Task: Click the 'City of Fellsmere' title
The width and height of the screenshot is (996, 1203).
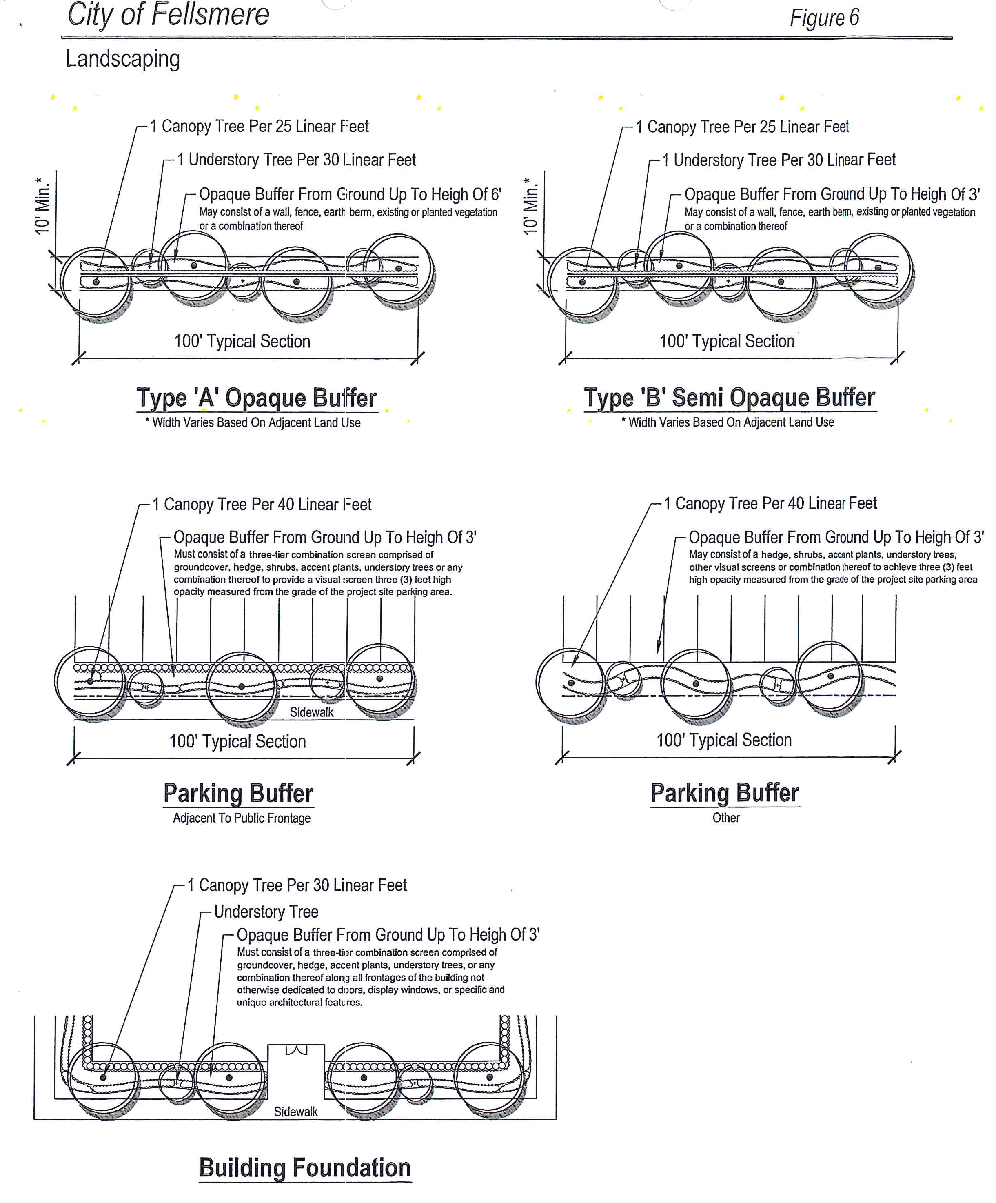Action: tap(168, 16)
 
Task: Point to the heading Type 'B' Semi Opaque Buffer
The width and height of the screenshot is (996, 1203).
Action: tap(729, 397)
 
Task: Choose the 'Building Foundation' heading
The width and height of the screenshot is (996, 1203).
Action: tap(305, 1167)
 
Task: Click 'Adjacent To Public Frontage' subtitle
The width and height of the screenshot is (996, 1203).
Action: tap(242, 818)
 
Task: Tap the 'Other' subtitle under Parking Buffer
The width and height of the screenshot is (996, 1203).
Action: tap(725, 818)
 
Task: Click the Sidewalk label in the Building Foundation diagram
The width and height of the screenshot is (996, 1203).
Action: tap(295, 1111)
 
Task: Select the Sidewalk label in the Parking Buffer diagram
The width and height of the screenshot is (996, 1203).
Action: tap(312, 712)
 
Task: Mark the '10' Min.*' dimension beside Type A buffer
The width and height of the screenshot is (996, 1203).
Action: tap(42, 205)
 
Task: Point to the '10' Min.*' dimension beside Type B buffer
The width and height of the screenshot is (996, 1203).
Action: tap(531, 205)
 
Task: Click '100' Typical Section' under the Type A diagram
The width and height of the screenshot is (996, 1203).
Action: tap(242, 341)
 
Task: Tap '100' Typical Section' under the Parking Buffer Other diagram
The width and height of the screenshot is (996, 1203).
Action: tap(724, 740)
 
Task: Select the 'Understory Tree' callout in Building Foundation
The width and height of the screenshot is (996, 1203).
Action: tap(266, 912)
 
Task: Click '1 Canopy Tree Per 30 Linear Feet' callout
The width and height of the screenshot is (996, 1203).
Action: tap(297, 885)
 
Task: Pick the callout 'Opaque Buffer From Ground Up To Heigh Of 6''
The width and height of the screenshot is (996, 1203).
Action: tap(350, 195)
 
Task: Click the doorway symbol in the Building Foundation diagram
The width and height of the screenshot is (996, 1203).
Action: tap(296, 1050)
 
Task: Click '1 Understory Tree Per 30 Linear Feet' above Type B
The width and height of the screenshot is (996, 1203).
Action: tap(779, 160)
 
